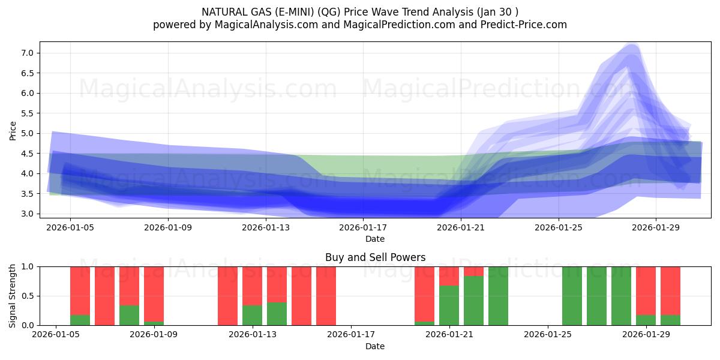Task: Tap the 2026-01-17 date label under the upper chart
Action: [x=363, y=227]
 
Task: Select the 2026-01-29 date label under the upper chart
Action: [x=656, y=227]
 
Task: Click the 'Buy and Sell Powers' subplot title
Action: [x=375, y=257]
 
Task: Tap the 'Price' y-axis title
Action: [x=13, y=130]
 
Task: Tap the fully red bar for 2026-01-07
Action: [x=104, y=296]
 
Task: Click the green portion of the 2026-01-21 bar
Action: [x=449, y=306]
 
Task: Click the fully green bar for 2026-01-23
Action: [x=498, y=296]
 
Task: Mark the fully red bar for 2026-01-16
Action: [x=326, y=296]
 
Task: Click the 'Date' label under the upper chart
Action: [x=375, y=239]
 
